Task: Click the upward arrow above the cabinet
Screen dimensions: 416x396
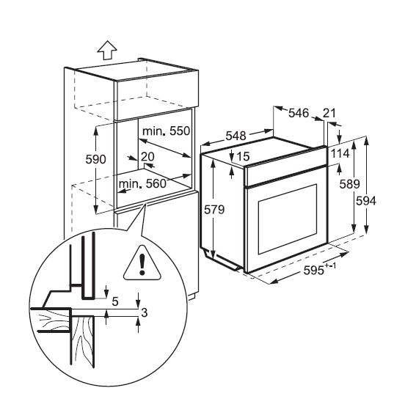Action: click(x=107, y=50)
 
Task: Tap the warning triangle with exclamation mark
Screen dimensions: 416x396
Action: click(x=142, y=263)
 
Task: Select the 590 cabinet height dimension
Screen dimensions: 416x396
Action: click(x=96, y=159)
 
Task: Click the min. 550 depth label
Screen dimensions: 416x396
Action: click(x=167, y=131)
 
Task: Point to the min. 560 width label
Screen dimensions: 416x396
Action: click(x=142, y=183)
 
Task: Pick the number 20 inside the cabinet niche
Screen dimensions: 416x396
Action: click(x=147, y=156)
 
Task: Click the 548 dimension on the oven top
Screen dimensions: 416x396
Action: click(x=236, y=136)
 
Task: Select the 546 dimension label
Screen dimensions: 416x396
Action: click(x=299, y=113)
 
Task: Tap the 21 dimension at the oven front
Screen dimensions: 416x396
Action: click(x=329, y=113)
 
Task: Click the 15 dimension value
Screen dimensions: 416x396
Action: click(x=243, y=156)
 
